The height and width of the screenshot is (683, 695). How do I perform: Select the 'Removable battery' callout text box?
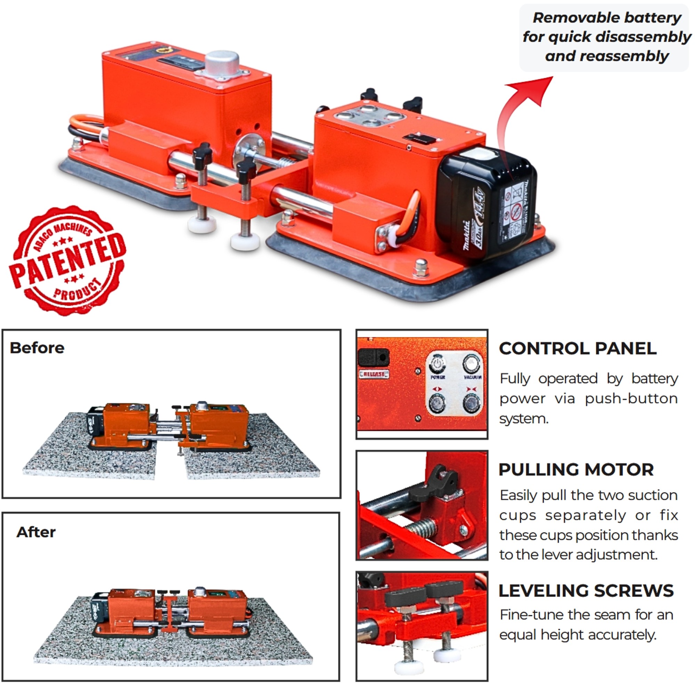coord(604,37)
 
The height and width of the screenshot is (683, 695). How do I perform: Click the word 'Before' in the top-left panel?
coord(37,348)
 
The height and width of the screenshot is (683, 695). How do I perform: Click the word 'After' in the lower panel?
coord(36,532)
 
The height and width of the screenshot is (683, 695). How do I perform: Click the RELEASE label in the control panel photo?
coord(374,374)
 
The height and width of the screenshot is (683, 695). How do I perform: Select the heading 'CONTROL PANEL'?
coord(577,348)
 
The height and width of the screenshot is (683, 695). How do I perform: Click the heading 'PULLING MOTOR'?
coord(576,469)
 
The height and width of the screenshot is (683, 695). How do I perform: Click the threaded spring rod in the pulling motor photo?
coord(423,528)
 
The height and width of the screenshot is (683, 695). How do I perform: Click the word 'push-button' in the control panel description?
coord(631,399)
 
